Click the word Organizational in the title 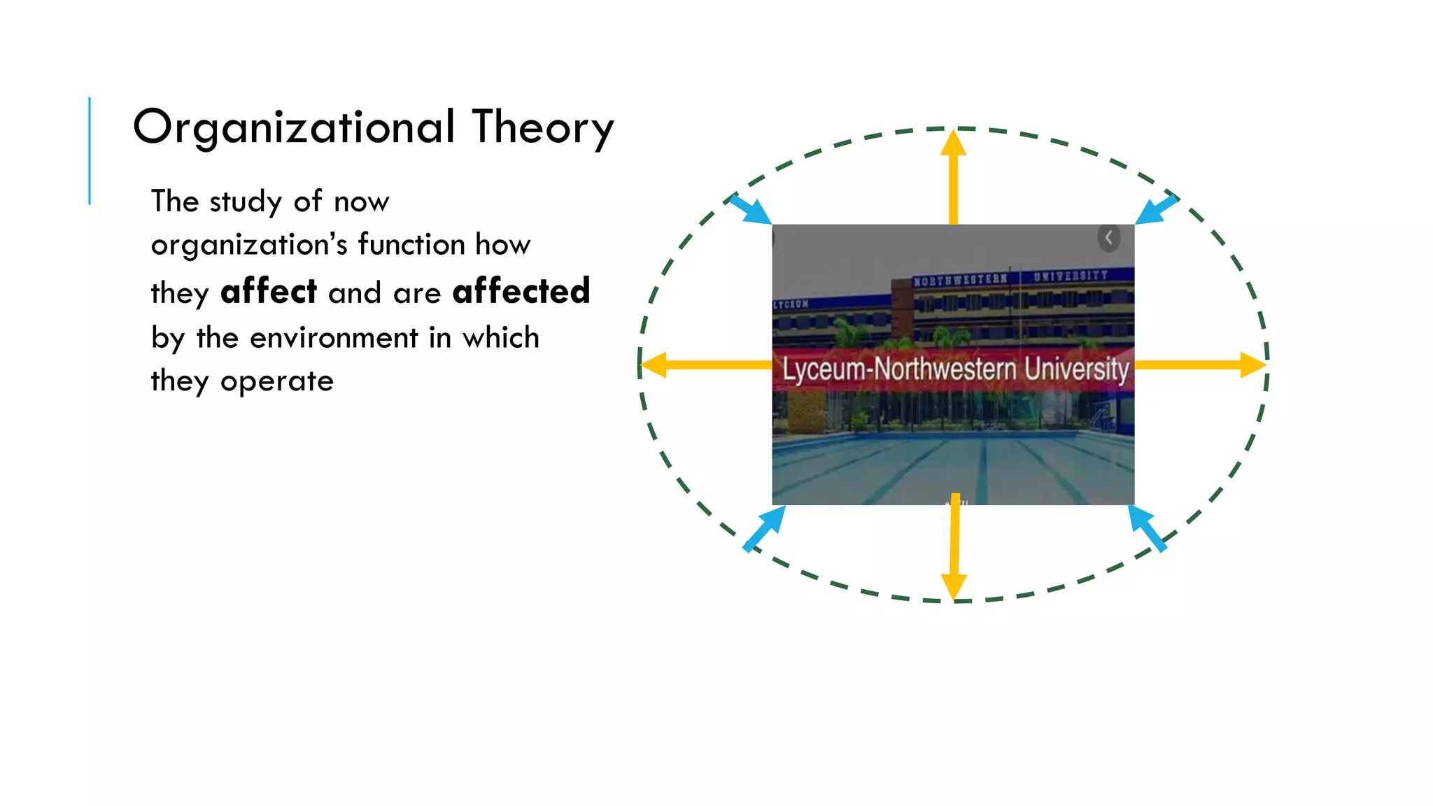(294, 127)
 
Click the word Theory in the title (543, 127)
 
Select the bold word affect (269, 291)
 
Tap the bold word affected (521, 291)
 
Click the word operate (277, 381)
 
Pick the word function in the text (411, 245)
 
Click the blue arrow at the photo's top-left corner (749, 209)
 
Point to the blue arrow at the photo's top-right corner (1156, 209)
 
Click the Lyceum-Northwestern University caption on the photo (955, 369)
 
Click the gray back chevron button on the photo (1108, 239)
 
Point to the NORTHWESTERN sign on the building (960, 280)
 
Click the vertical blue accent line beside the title (90, 150)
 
